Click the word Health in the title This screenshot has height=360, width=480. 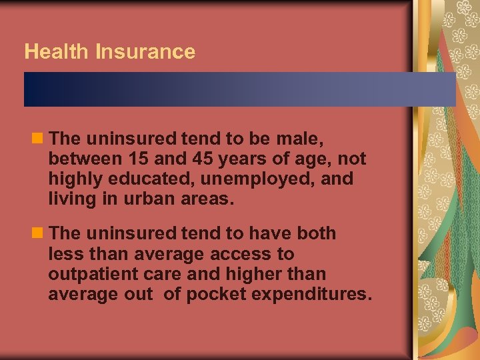tap(57, 52)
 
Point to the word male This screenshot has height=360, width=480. tap(299, 139)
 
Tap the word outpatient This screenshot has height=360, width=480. tap(93, 274)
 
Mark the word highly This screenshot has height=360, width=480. tap(73, 179)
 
